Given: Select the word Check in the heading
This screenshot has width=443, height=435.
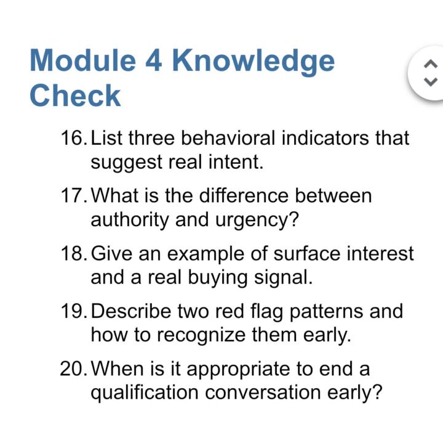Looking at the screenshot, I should pyautogui.click(x=75, y=96).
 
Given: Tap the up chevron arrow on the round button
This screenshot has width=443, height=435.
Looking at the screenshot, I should pyautogui.click(x=431, y=64).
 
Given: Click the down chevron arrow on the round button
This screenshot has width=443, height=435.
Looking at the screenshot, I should pyautogui.click(x=431, y=81).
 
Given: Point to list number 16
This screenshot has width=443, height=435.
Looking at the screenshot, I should pyautogui.click(x=73, y=137).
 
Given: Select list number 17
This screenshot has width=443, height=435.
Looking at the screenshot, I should pyautogui.click(x=73, y=196).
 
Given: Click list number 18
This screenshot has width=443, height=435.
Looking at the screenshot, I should pyautogui.click(x=73, y=253).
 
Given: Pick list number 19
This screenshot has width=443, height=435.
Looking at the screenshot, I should pyautogui.click(x=73, y=311).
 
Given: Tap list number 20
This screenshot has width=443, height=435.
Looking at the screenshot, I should pyautogui.click(x=73, y=369).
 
